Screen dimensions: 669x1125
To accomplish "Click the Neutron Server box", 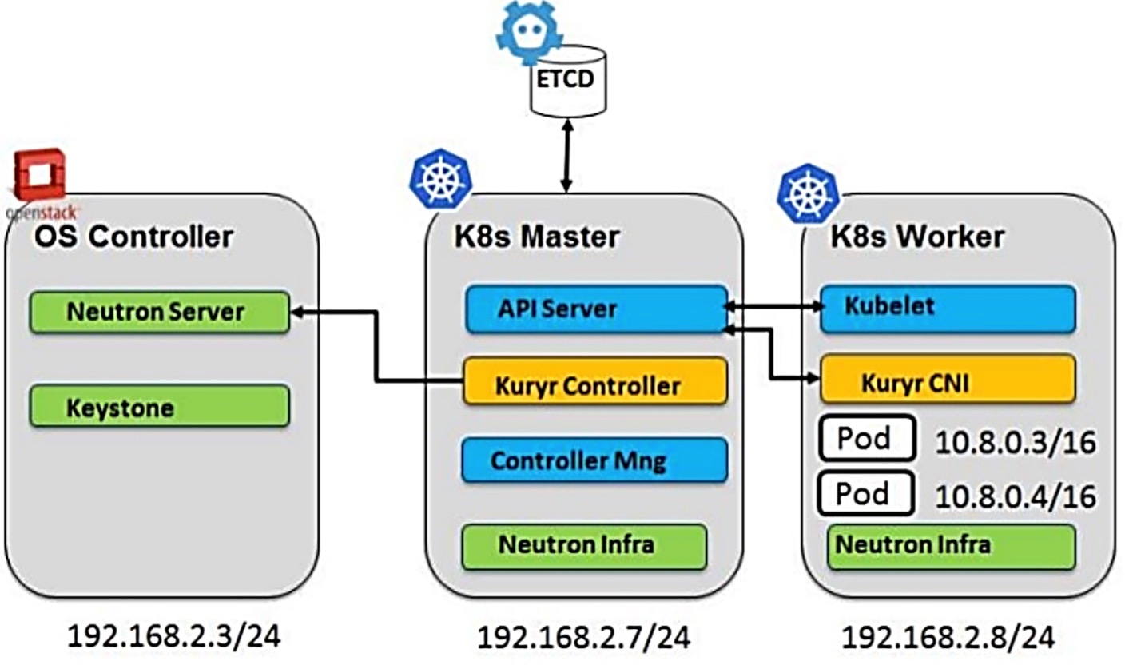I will [x=158, y=312].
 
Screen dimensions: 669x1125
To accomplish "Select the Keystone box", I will [x=158, y=407].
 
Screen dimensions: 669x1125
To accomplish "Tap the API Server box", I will [x=596, y=309].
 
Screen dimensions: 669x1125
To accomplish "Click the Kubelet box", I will [x=948, y=309].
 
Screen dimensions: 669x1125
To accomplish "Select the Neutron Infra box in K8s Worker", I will [x=951, y=547].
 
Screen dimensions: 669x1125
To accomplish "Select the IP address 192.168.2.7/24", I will [x=584, y=637].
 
